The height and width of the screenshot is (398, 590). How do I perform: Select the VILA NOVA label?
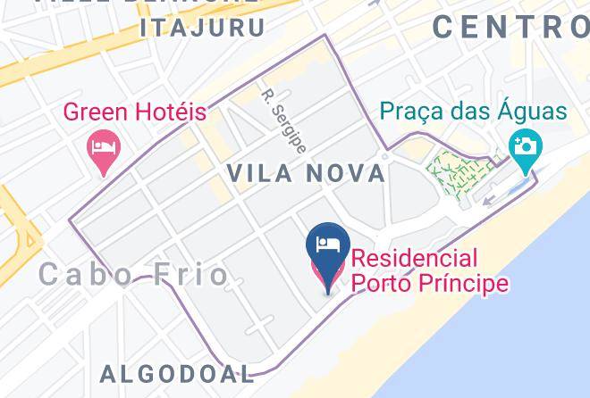(x=307, y=173)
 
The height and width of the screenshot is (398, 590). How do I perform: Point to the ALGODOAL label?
(x=177, y=373)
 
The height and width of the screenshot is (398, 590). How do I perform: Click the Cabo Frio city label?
(x=134, y=274)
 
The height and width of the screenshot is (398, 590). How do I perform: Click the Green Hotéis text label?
(x=134, y=113)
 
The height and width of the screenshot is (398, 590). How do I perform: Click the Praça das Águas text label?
(x=474, y=112)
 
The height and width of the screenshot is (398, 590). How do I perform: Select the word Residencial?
(x=414, y=260)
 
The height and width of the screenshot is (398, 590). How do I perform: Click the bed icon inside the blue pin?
(x=326, y=244)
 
